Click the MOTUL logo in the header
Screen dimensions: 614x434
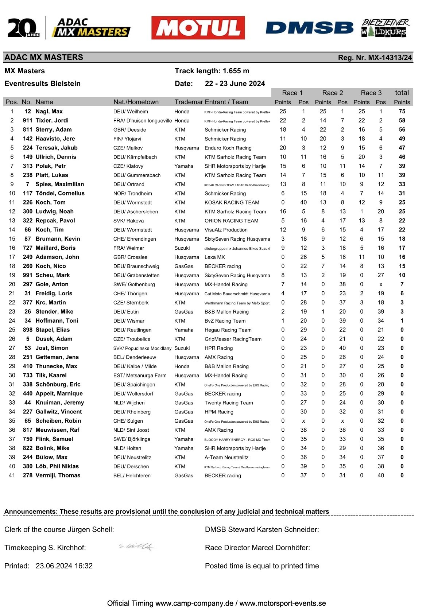198,28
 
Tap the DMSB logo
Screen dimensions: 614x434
309,28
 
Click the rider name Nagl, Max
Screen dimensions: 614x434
49,112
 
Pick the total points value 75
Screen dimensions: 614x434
402,112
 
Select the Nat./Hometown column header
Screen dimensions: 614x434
136,102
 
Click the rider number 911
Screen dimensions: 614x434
27,121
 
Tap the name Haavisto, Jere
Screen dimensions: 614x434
55,139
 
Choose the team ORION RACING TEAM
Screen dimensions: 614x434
231,221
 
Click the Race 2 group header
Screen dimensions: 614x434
332,93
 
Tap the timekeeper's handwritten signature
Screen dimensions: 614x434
136,546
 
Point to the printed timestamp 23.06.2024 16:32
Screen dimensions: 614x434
64,566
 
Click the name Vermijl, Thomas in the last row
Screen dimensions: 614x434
58,475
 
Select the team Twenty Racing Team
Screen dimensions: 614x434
228,403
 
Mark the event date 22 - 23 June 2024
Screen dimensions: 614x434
235,83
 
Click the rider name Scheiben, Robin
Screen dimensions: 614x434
58,421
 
